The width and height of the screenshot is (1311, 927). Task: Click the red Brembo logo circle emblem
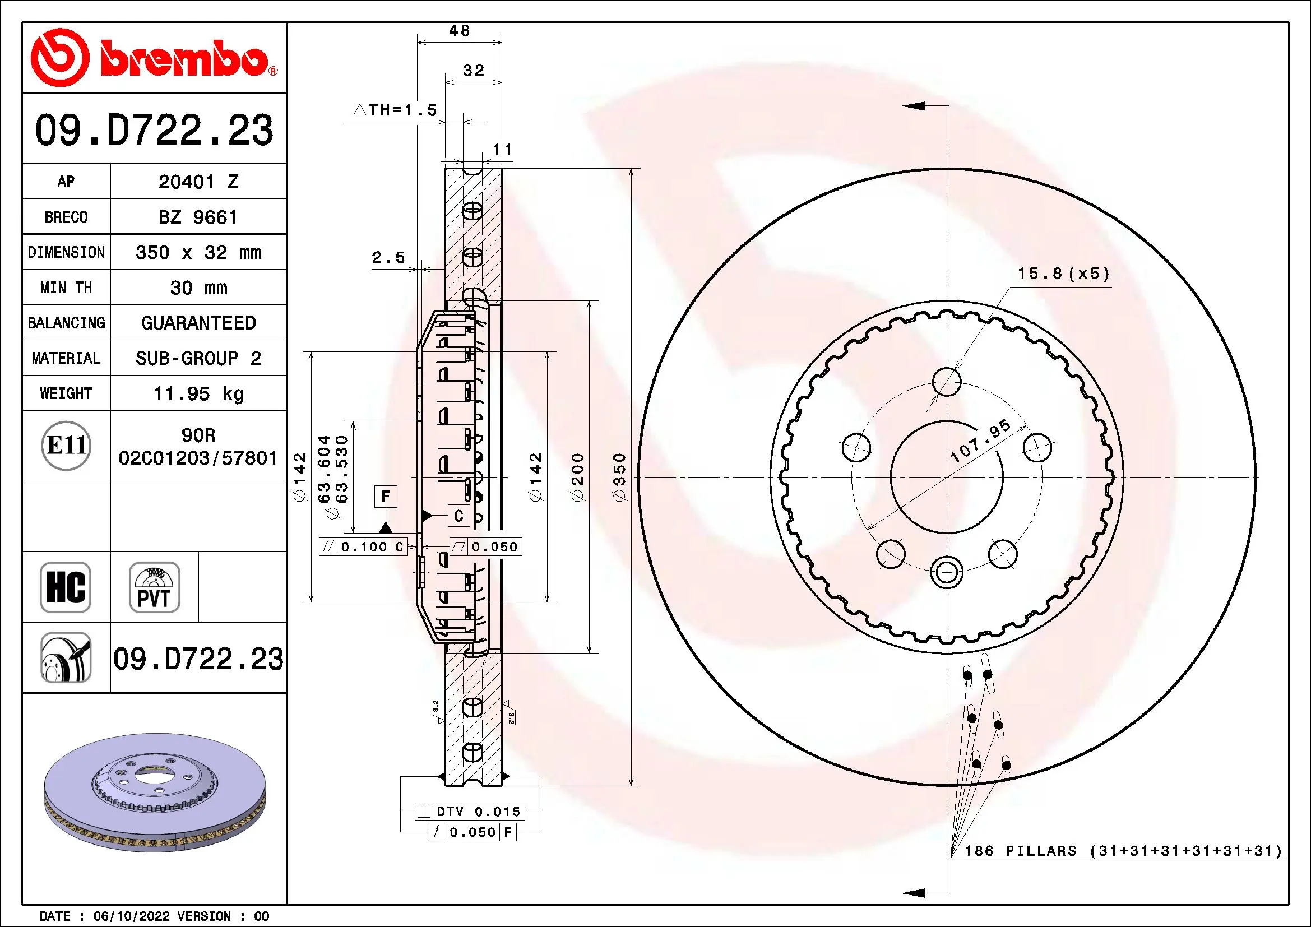click(x=59, y=58)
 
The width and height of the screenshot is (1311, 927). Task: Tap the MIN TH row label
click(x=66, y=288)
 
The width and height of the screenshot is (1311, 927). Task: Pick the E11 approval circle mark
click(x=66, y=445)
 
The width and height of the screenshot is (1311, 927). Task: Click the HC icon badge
click(x=66, y=587)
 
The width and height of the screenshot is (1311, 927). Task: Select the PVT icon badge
click(x=154, y=587)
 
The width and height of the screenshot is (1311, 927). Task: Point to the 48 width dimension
click(x=459, y=31)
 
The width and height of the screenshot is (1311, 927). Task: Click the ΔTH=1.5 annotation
click(x=395, y=110)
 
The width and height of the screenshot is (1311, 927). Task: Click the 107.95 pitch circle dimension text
click(x=980, y=441)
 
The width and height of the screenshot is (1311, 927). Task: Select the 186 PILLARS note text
click(x=1123, y=851)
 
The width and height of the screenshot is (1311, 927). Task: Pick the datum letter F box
click(x=386, y=496)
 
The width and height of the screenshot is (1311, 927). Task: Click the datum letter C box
click(x=458, y=516)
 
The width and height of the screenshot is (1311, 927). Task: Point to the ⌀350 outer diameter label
click(x=619, y=477)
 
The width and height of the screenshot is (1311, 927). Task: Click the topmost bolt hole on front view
click(x=946, y=381)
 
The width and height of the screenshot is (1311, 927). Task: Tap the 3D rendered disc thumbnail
click(x=154, y=794)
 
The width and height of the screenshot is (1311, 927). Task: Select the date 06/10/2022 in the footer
click(x=131, y=916)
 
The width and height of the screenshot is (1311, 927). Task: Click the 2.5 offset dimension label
click(x=388, y=257)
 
